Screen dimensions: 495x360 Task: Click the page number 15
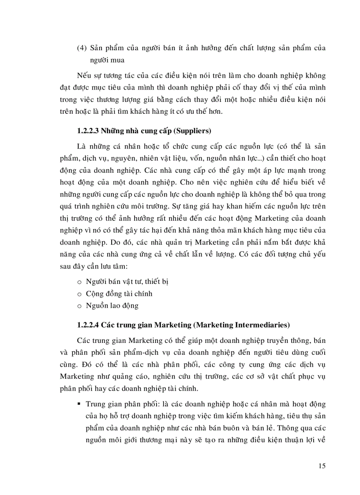click(x=321, y=466)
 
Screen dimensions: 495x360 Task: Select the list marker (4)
click(x=82, y=48)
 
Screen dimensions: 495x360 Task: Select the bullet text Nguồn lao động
click(x=112, y=305)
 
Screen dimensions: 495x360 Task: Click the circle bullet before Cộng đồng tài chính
click(x=79, y=294)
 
